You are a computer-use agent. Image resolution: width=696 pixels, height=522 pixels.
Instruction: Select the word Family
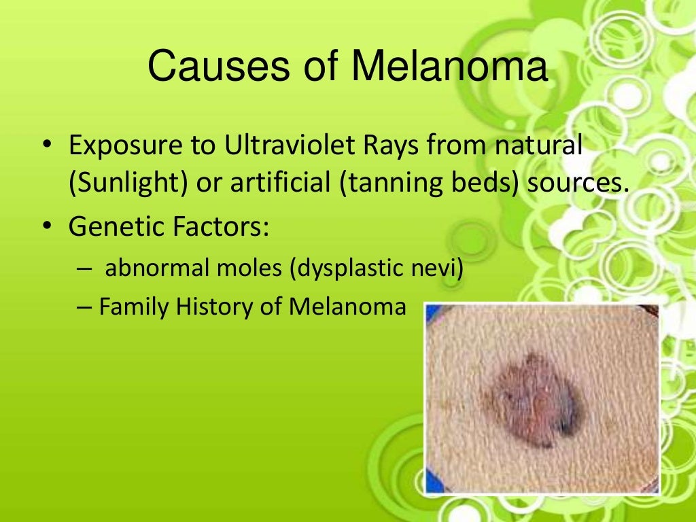(x=135, y=307)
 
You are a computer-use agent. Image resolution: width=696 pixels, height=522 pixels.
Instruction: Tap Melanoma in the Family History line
(x=347, y=307)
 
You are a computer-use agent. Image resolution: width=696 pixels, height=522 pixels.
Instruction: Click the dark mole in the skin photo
(x=537, y=401)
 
